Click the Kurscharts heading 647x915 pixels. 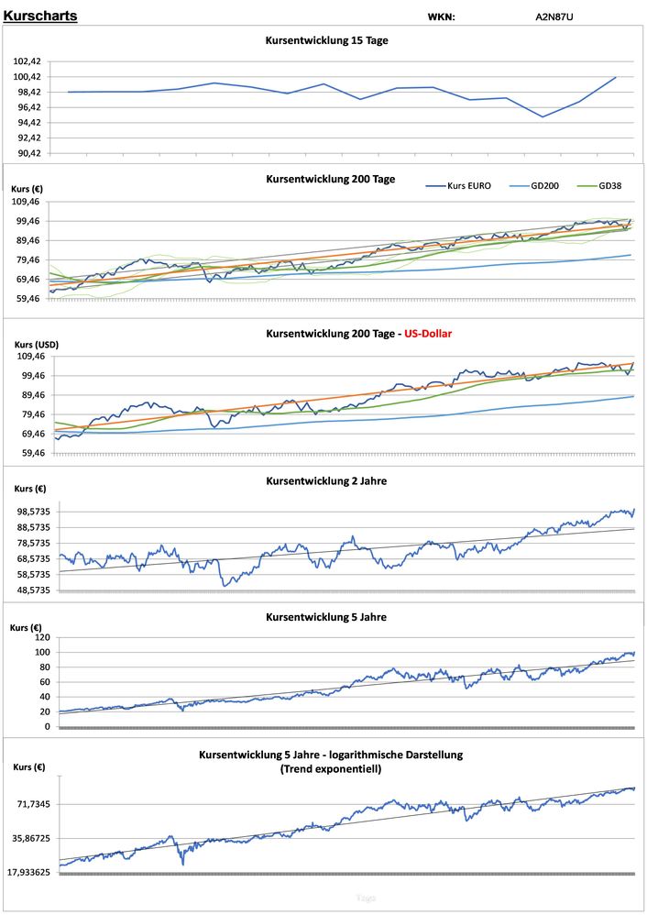point(40,16)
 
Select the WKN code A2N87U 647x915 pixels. point(554,17)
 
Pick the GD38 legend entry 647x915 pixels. point(612,185)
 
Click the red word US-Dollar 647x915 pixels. point(424,334)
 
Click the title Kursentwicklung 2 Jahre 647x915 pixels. point(326,480)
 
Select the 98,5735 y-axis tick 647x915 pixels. point(31,511)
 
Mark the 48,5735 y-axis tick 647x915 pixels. point(31,590)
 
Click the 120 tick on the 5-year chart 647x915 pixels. point(41,637)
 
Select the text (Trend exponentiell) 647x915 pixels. point(331,768)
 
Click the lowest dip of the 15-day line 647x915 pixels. point(543,116)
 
